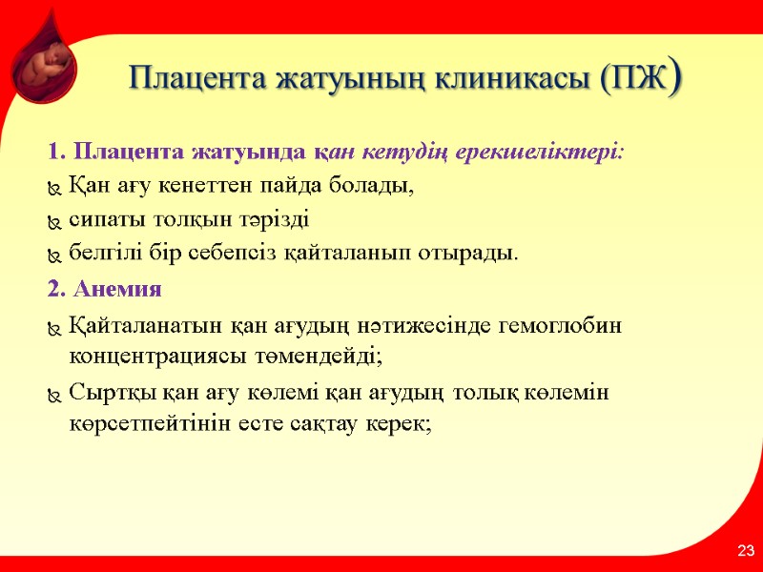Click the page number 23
tap(745, 550)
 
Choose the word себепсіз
tap(246, 255)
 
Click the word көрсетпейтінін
tap(144, 424)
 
